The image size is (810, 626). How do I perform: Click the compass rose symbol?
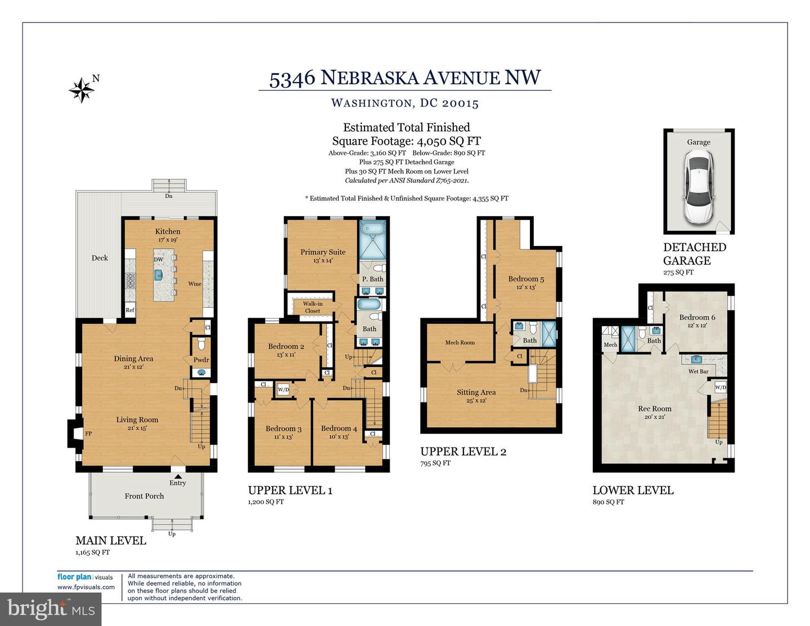pyautogui.click(x=82, y=90)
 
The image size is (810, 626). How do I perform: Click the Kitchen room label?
pyautogui.click(x=168, y=231)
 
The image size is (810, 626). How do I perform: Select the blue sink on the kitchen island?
pyautogui.click(x=159, y=275)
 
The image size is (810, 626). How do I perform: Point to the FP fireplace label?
pyautogui.click(x=88, y=433)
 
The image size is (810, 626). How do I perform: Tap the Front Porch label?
pyautogui.click(x=144, y=496)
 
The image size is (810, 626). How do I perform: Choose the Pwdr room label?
pyautogui.click(x=201, y=360)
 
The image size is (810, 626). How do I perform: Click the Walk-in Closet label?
pyautogui.click(x=312, y=307)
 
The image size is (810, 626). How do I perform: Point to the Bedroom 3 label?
pyautogui.click(x=283, y=429)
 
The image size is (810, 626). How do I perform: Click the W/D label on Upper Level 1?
pyautogui.click(x=283, y=390)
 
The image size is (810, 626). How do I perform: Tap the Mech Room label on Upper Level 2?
pyautogui.click(x=460, y=342)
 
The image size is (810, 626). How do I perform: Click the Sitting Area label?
pyautogui.click(x=476, y=392)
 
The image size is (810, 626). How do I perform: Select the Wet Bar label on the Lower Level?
pyautogui.click(x=698, y=372)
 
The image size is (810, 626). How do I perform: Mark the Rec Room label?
pyautogui.click(x=654, y=409)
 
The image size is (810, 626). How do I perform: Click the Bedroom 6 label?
pyautogui.click(x=696, y=318)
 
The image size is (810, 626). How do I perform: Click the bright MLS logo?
pyautogui.click(x=51, y=609)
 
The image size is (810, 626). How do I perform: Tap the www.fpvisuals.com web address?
pyautogui.click(x=85, y=587)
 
